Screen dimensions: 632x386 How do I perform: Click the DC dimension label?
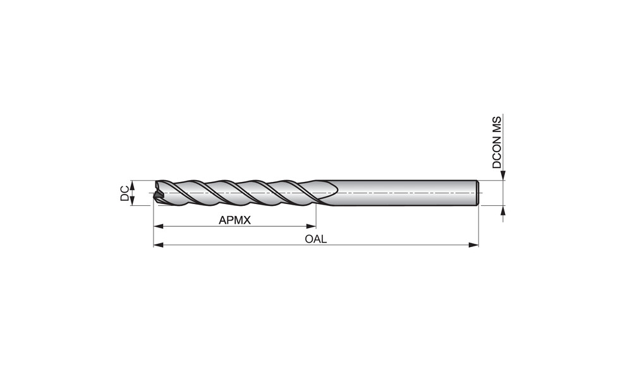click(125, 193)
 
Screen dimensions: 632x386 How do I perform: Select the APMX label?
click(234, 220)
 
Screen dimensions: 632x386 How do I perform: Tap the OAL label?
click(315, 239)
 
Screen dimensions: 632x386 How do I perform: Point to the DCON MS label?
click(497, 142)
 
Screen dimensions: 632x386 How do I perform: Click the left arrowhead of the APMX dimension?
click(159, 226)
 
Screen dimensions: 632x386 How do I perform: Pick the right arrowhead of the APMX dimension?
click(311, 226)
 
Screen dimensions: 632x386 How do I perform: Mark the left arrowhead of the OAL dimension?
click(159, 245)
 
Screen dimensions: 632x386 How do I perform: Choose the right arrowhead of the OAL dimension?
click(473, 245)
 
